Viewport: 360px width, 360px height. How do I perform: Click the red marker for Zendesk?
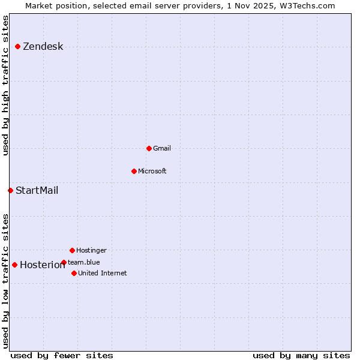[x=18, y=46]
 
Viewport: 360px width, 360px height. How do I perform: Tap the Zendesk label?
[x=43, y=47]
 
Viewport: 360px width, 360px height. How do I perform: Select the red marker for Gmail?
[x=149, y=148]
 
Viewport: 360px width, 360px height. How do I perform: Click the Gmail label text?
[x=162, y=148]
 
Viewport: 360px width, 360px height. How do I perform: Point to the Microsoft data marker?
[x=134, y=171]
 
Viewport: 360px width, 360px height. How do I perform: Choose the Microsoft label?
[x=152, y=171]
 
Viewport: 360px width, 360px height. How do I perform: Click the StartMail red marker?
[x=10, y=190]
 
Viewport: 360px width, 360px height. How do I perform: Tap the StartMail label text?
[x=37, y=191]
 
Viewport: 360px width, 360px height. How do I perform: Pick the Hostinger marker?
[x=72, y=250]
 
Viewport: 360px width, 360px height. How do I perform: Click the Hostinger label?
[x=91, y=250]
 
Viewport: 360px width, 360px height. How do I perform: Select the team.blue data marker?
[x=64, y=262]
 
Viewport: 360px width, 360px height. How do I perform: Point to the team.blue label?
[x=84, y=262]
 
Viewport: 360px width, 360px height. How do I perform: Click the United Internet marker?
[x=74, y=273]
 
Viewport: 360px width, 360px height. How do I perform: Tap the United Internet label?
[x=103, y=273]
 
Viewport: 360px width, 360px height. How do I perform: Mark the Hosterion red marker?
[x=14, y=265]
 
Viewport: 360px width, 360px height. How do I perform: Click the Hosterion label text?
[x=42, y=265]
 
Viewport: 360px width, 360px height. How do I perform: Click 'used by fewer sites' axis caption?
[x=62, y=355]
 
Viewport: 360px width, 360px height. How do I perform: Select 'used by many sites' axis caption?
[x=301, y=355]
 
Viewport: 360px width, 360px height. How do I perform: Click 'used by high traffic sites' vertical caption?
[x=6, y=85]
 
